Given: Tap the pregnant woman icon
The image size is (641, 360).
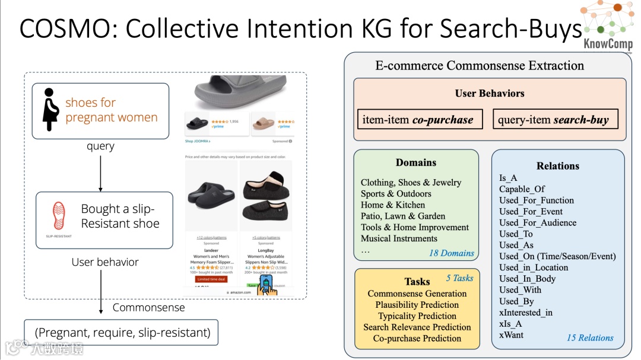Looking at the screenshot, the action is [50, 110].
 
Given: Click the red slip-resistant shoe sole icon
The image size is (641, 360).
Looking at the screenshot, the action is [59, 216].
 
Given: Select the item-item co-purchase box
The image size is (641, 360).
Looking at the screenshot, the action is [418, 120].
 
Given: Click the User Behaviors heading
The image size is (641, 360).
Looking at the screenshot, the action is [490, 93].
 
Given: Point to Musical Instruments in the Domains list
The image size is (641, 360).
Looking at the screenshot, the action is [399, 238].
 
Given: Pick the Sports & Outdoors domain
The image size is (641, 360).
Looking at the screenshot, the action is [396, 193].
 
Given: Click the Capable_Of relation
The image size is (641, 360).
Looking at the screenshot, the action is [522, 189].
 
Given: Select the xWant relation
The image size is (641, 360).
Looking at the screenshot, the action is [511, 335].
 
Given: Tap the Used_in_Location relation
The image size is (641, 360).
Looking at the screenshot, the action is [534, 267].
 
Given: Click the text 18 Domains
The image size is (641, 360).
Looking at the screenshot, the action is [452, 253].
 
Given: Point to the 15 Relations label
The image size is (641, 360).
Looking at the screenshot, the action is [590, 337].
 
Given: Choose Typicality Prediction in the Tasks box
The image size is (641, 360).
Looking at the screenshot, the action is [417, 316].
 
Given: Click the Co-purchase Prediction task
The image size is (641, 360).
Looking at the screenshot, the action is [417, 338].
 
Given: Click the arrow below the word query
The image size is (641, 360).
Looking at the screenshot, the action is [100, 171].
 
